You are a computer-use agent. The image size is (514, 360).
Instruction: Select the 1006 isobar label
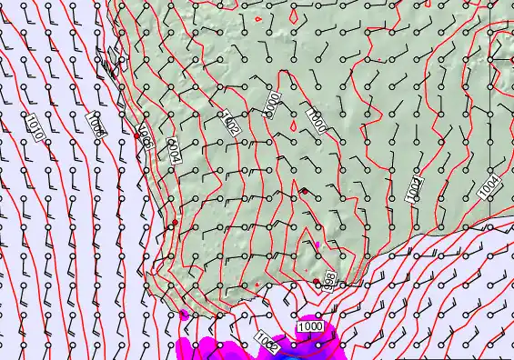coord(143,135)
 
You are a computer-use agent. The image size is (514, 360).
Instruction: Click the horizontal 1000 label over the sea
coord(310,325)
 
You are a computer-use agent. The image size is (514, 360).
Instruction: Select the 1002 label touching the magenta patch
coord(267,343)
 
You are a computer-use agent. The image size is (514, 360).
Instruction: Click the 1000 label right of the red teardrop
coord(316,121)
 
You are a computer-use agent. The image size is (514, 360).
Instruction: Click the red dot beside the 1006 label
coord(136,135)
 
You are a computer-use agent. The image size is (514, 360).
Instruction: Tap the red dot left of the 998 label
coord(317,283)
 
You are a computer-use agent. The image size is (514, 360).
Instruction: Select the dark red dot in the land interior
coord(304,191)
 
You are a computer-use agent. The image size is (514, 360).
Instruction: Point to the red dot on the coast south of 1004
coord(176,222)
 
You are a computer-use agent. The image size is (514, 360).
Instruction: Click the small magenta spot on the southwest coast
coord(185,315)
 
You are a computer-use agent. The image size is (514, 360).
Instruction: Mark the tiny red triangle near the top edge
coord(259,18)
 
